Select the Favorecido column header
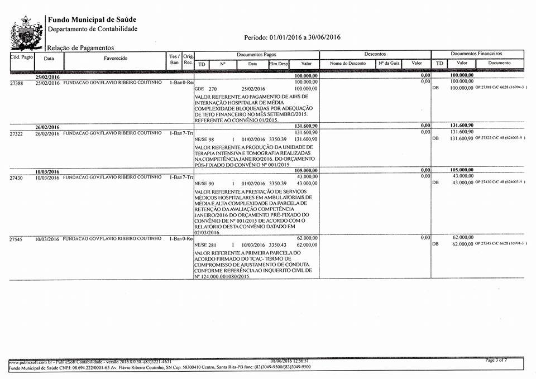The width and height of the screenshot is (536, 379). pyautogui.click(x=115, y=58)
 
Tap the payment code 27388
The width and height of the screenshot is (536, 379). pyautogui.click(x=18, y=83)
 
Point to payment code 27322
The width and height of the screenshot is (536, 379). pyautogui.click(x=18, y=134)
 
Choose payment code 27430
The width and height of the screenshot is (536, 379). pyautogui.click(x=18, y=177)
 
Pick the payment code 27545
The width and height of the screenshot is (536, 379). pyautogui.click(x=18, y=239)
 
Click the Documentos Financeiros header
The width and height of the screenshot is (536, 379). pyautogui.click(x=476, y=54)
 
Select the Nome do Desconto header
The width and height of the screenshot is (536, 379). pyautogui.click(x=348, y=64)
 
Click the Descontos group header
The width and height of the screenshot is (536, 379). pyautogui.click(x=375, y=54)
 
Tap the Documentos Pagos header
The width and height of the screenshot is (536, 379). pyautogui.click(x=256, y=54)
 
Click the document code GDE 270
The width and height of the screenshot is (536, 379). pyautogui.click(x=205, y=89)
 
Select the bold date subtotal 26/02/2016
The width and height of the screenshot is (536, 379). pyautogui.click(x=47, y=127)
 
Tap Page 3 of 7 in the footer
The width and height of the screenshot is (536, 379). pyautogui.click(x=496, y=361)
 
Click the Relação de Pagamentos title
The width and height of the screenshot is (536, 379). pyautogui.click(x=80, y=48)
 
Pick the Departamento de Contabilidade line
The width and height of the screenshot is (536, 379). pyautogui.click(x=92, y=28)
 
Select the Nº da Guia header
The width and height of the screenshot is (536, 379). pyautogui.click(x=389, y=64)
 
